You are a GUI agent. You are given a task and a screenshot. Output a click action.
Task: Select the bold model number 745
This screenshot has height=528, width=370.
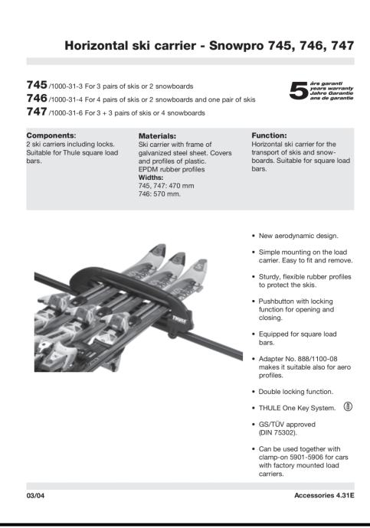[x=37, y=84]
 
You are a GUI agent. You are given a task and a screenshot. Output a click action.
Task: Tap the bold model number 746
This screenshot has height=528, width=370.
[x=37, y=98]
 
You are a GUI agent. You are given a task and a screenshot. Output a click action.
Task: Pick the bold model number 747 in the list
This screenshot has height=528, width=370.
[x=37, y=111]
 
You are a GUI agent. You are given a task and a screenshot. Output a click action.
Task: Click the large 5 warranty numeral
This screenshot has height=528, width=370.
[x=298, y=91]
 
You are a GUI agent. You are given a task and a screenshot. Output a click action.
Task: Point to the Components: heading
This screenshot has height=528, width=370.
[x=51, y=135]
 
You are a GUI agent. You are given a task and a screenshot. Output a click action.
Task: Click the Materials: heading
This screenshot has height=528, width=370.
[x=157, y=136]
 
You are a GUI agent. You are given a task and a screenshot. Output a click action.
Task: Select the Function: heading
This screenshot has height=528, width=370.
[x=269, y=135]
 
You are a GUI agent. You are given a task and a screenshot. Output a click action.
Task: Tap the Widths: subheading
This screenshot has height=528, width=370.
[x=151, y=178]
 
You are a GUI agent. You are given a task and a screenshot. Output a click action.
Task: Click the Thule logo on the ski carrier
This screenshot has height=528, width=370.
[x=179, y=320]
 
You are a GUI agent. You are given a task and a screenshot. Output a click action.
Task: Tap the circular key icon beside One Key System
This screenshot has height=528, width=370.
[x=348, y=407]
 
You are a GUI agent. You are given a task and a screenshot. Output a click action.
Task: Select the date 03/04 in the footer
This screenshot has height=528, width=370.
[x=35, y=496]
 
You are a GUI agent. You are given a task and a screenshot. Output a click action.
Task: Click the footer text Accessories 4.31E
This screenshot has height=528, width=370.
[x=324, y=495]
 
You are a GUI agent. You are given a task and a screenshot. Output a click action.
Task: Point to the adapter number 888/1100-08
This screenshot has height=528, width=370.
[x=318, y=359]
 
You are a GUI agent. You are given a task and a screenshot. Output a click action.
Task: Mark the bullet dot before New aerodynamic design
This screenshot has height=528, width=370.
[x=254, y=236]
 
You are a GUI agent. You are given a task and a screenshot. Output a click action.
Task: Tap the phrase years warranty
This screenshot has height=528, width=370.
[x=332, y=88]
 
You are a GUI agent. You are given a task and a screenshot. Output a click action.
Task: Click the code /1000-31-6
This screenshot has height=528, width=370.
[x=66, y=113]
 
